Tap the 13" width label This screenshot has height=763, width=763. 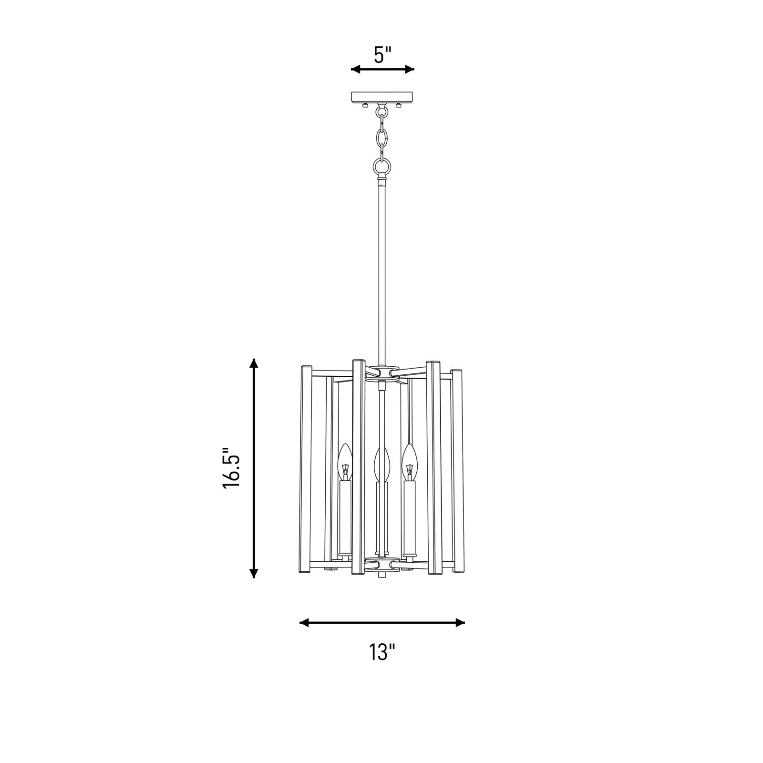pos(382,652)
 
